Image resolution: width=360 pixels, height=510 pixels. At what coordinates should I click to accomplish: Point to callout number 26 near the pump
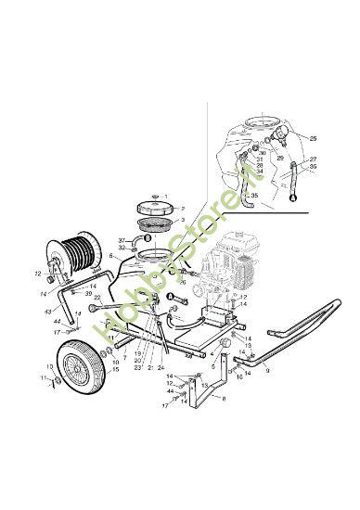pyautogui.click(x=184, y=281)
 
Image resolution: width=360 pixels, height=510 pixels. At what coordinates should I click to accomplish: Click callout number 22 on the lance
pyautogui.click(x=97, y=299)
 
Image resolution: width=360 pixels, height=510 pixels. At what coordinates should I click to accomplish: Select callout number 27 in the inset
pyautogui.click(x=314, y=159)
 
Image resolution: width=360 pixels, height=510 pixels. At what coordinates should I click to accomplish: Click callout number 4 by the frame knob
pyautogui.click(x=212, y=353)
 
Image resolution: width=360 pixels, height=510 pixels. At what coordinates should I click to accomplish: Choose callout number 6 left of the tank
pyautogui.click(x=110, y=255)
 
